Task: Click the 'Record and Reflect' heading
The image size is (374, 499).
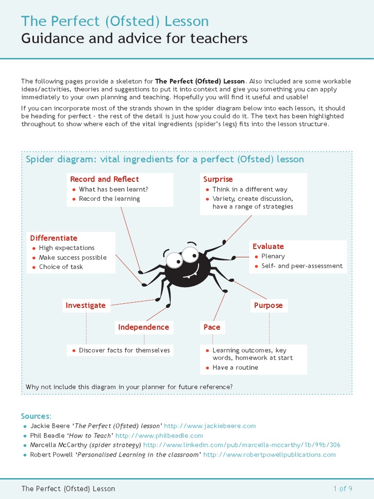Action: pyautogui.click(x=104, y=179)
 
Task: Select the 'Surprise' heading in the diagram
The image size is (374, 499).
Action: pyautogui.click(x=218, y=179)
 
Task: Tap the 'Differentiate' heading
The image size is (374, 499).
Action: pyautogui.click(x=54, y=238)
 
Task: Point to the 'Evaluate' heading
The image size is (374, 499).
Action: pyautogui.click(x=268, y=247)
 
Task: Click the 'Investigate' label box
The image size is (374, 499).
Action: pyautogui.click(x=86, y=306)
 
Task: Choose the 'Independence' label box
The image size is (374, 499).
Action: pyautogui.click(x=144, y=327)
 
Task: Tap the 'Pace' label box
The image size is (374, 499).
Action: pyautogui.click(x=212, y=327)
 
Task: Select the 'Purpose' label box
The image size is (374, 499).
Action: pyautogui.click(x=268, y=306)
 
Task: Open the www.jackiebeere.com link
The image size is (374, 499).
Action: pyautogui.click(x=209, y=426)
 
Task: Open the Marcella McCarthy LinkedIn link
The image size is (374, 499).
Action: pyautogui.click(x=242, y=445)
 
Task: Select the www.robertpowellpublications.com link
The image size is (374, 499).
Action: pyautogui.click(x=269, y=455)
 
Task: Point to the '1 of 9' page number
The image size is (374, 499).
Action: pyautogui.click(x=342, y=489)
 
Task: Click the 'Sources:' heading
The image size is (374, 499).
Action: pyautogui.click(x=36, y=416)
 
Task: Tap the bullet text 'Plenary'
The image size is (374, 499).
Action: pyautogui.click(x=273, y=256)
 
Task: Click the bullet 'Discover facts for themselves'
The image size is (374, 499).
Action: pyautogui.click(x=124, y=350)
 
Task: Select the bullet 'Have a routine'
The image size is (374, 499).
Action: pyautogui.click(x=235, y=367)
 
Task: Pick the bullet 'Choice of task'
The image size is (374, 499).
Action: pyautogui.click(x=61, y=267)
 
